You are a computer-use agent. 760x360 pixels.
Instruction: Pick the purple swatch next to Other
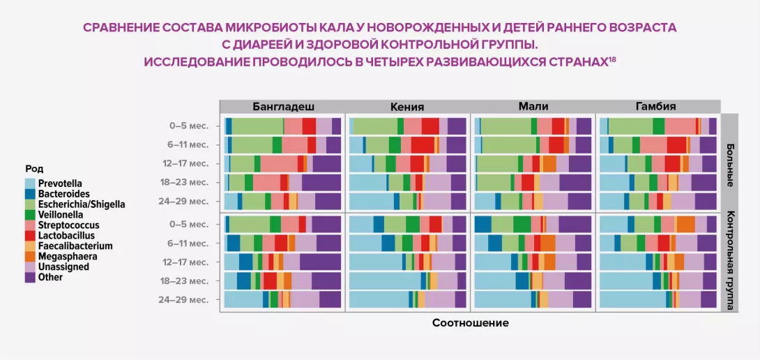(x=30, y=277)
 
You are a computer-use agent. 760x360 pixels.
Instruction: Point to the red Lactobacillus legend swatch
(x=30, y=236)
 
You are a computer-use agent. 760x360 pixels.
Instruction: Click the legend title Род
(x=34, y=168)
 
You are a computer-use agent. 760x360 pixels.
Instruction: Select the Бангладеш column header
(x=282, y=107)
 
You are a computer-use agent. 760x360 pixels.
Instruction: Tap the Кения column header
(x=407, y=107)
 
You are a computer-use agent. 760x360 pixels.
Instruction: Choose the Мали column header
(x=533, y=107)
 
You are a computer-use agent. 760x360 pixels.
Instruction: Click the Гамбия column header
(x=655, y=107)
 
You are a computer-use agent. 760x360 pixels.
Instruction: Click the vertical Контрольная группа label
(x=730, y=260)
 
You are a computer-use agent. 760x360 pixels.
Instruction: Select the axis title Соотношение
(x=470, y=323)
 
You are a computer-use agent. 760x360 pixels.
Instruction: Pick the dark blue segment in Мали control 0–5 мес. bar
(x=482, y=225)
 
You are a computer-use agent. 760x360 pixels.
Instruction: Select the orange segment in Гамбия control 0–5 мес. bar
(x=685, y=225)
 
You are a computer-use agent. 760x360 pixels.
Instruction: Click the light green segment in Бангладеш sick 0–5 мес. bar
(x=257, y=126)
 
